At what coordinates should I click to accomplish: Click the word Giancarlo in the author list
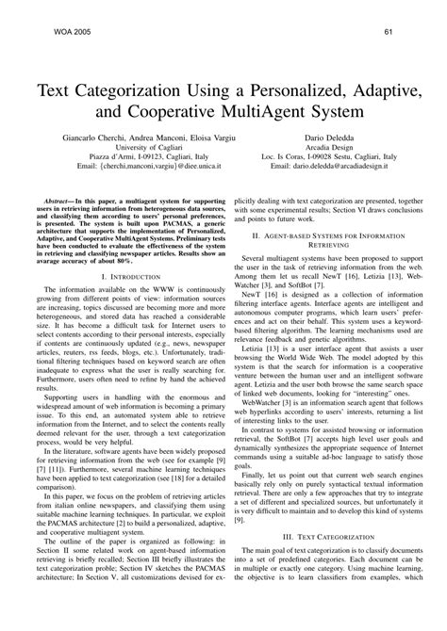[x=78, y=138]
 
